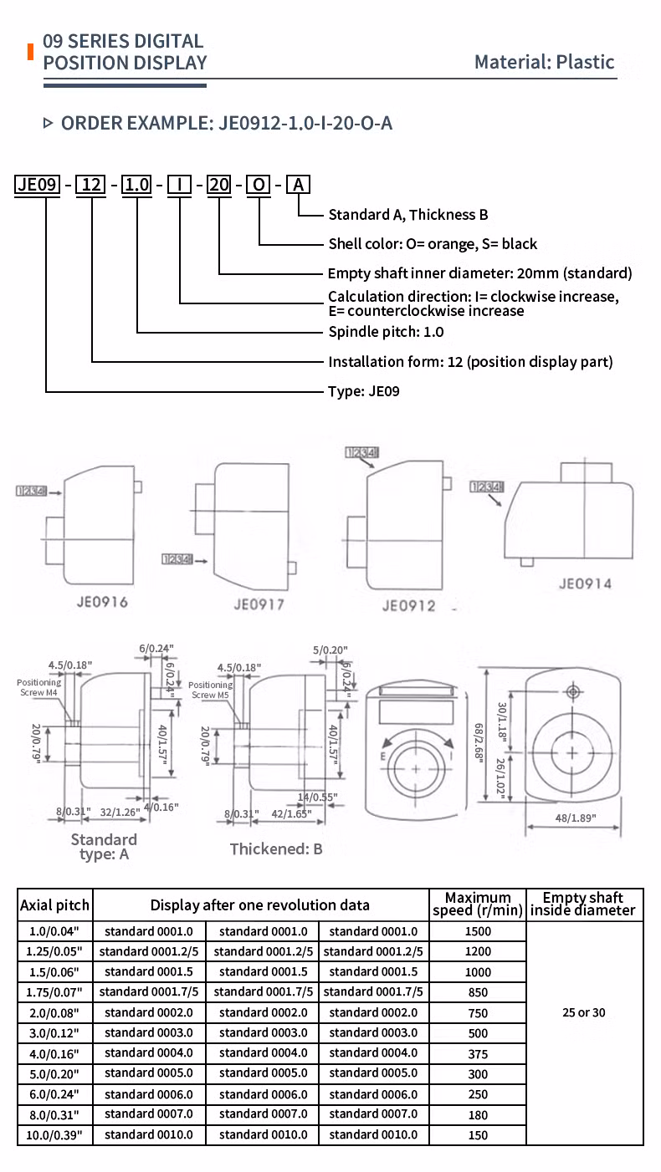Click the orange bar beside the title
[31, 51]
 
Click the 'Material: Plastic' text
[544, 62]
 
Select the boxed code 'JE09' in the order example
[38, 184]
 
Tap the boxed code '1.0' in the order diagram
[136, 184]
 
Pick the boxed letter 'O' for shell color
[259, 184]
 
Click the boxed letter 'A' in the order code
[299, 184]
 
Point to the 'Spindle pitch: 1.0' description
[386, 332]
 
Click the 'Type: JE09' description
[363, 390]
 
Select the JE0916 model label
[100, 601]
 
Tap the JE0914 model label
[585, 583]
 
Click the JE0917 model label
[259, 603]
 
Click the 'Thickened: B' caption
[276, 848]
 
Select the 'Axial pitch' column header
[55, 905]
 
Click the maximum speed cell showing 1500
[477, 931]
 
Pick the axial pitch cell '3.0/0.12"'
[55, 1032]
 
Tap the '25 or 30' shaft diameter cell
[584, 1012]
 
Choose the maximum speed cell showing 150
[477, 1135]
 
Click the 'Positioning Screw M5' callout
[211, 690]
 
